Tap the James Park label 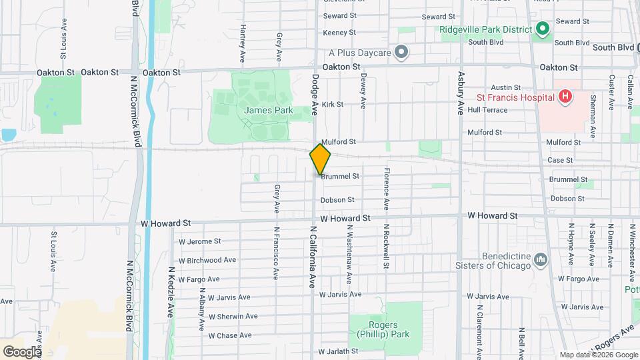pyautogui.click(x=269, y=110)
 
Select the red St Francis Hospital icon pyautogui.click(x=565, y=97)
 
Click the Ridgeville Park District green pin pyautogui.click(x=543, y=29)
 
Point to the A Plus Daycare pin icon pyautogui.click(x=401, y=51)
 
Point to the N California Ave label pyautogui.click(x=311, y=257)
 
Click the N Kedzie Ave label pyautogui.click(x=171, y=295)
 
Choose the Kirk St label pyautogui.click(x=332, y=105)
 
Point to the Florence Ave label pyautogui.click(x=386, y=188)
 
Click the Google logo pyautogui.click(x=22, y=351)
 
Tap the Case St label pyautogui.click(x=559, y=161)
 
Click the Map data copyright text pyautogui.click(x=599, y=355)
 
